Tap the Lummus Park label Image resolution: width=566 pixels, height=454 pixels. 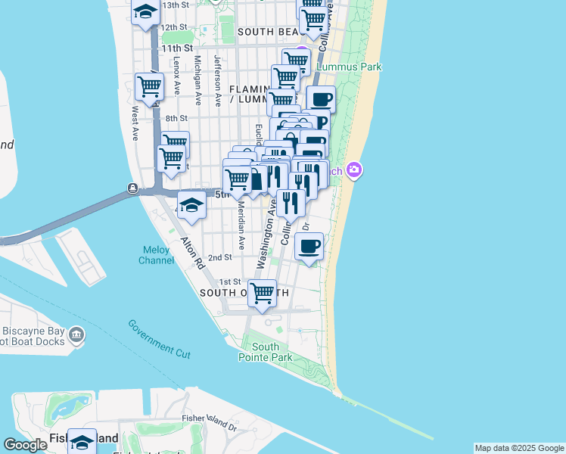point(349,67)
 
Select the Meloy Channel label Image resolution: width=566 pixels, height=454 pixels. point(156,255)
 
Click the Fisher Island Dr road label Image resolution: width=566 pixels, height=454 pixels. point(210,417)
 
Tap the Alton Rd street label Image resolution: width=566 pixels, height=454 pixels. point(192,253)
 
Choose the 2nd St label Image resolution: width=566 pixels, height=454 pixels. point(219,257)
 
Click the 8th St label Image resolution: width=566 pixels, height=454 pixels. point(176,118)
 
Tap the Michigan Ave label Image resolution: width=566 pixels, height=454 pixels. point(197,79)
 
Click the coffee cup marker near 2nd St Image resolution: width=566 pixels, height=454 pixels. point(309,246)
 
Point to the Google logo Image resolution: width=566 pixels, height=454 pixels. point(26,445)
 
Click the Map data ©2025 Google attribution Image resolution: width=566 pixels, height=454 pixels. point(519,448)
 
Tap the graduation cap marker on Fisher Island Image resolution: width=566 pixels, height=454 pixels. point(82,441)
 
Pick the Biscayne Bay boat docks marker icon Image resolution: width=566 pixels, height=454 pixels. point(76,334)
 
